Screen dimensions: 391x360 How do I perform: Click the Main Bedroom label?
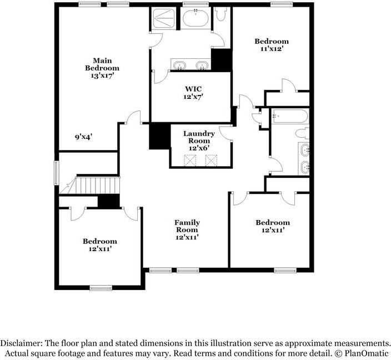tap(102, 68)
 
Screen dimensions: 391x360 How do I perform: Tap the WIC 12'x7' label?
tap(193, 93)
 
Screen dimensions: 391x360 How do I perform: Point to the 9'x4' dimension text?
tap(83, 137)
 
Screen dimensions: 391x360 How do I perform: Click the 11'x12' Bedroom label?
tap(272, 45)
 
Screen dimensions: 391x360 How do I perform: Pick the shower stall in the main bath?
tap(164, 18)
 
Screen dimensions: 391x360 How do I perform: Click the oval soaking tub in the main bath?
tap(195, 18)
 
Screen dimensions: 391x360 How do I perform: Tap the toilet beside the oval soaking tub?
tap(221, 14)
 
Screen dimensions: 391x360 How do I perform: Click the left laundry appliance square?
tap(190, 161)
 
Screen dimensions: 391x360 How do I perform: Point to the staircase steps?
tap(97, 186)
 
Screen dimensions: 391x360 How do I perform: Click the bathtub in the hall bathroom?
tap(290, 116)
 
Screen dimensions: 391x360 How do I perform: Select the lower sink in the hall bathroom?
tap(305, 167)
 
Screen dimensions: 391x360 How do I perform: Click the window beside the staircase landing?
tap(56, 173)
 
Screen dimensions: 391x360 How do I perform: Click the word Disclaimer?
tap(21, 343)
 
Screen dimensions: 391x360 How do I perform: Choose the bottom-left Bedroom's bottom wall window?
tap(101, 288)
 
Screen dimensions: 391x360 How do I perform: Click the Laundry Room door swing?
tap(225, 133)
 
